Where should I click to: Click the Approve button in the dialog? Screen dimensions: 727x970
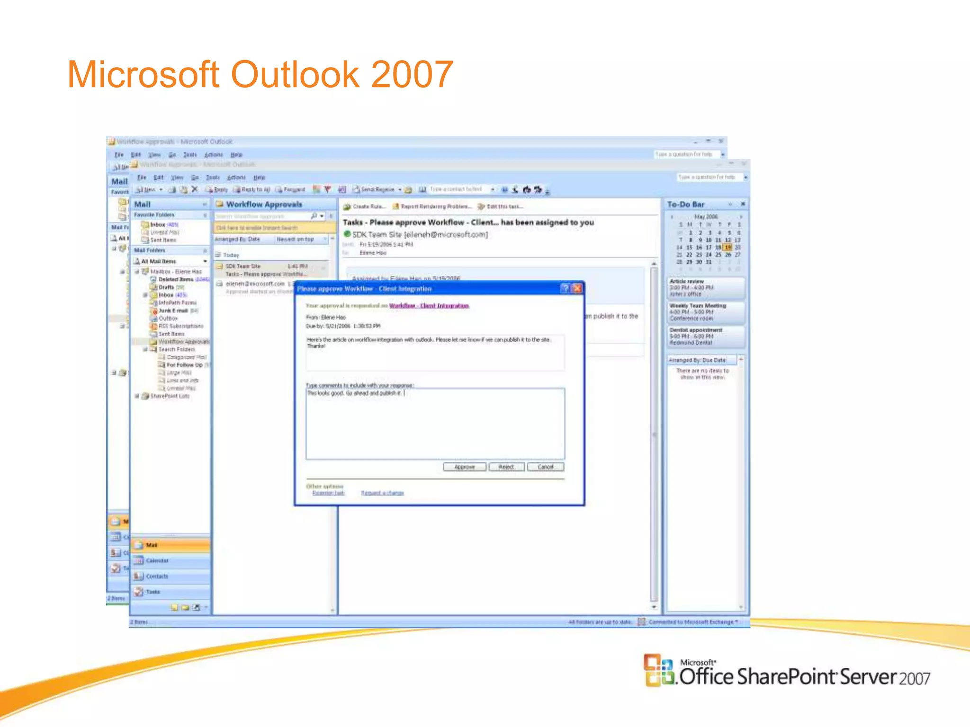[464, 467]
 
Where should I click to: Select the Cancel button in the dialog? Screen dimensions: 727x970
[545, 467]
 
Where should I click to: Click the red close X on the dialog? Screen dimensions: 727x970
[577, 289]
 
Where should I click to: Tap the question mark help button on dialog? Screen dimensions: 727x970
[565, 289]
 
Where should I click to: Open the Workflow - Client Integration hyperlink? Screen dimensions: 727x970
[429, 306]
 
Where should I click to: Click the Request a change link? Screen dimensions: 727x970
[382, 493]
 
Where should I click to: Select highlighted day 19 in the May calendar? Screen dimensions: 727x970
[728, 248]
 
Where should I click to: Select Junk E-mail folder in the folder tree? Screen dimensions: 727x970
[173, 311]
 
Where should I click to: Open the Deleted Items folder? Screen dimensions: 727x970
[175, 280]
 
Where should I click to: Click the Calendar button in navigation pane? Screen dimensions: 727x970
[157, 561]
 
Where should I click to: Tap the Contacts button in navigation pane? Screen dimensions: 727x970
[157, 576]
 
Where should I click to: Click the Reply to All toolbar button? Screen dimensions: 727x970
[252, 190]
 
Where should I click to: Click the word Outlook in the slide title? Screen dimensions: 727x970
[295, 74]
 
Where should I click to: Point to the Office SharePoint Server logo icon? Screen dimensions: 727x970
[658, 669]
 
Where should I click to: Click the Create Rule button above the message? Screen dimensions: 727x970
[365, 207]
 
